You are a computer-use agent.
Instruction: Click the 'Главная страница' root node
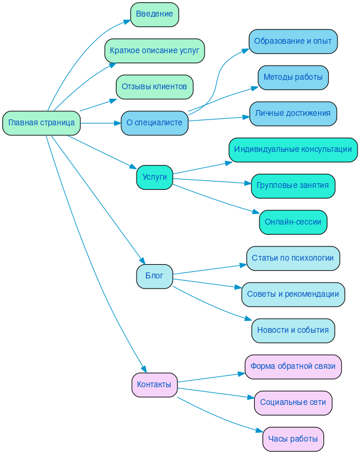tap(41, 123)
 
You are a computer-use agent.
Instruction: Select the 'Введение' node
tap(154, 14)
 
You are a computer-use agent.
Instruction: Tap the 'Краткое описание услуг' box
tap(154, 51)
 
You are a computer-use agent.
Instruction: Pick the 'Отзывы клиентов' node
tap(154, 87)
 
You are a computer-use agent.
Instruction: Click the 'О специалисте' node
tap(154, 123)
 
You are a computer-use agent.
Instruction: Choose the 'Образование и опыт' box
tap(293, 41)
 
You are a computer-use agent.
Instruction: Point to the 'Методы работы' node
tap(293, 77)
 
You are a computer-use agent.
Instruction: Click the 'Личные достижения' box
tap(293, 113)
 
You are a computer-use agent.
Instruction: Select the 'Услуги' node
tap(154, 177)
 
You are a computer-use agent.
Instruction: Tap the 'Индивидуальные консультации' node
tap(293, 150)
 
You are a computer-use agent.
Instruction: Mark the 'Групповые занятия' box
tap(293, 186)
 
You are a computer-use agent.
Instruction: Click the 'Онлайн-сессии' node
tap(293, 222)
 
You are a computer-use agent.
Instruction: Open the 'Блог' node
tap(154, 276)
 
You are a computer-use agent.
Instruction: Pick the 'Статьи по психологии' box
tap(293, 258)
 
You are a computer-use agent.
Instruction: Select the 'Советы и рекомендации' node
tap(293, 294)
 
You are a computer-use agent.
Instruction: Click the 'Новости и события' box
tap(293, 330)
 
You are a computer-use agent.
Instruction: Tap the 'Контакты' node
tap(154, 385)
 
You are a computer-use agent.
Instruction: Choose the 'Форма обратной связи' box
tap(293, 367)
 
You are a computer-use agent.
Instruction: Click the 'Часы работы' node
tap(293, 439)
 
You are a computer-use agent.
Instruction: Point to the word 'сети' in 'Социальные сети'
tap(317, 403)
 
